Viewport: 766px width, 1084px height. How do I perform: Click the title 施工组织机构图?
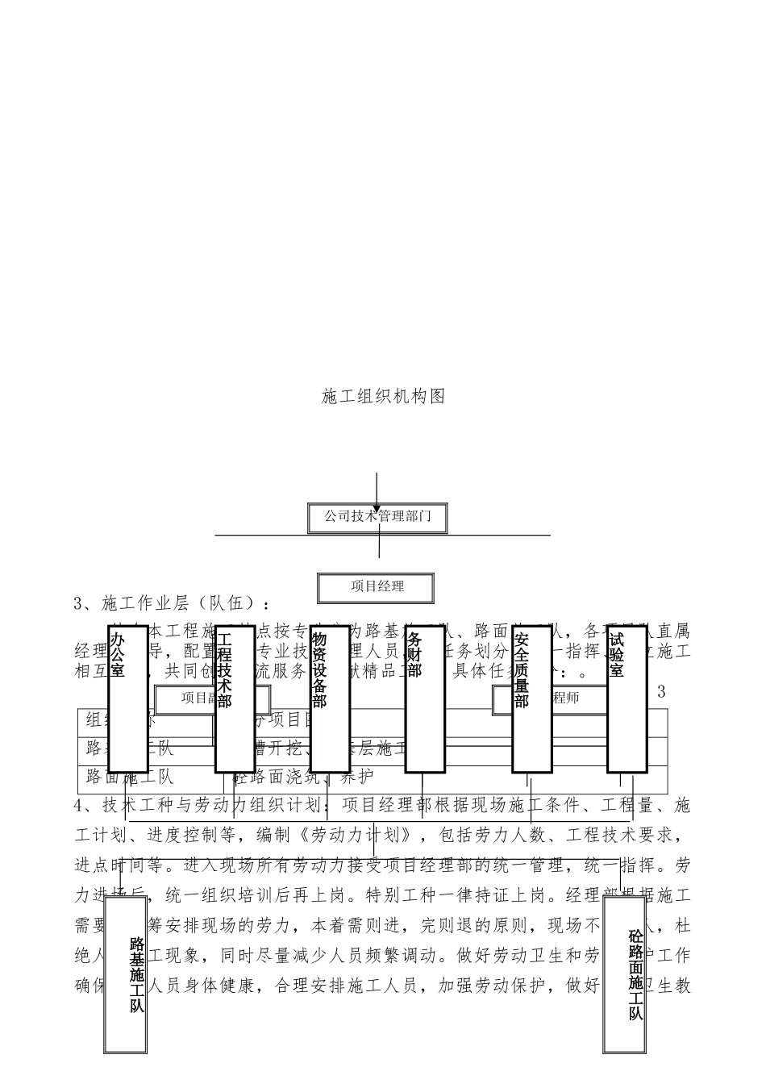point(383,396)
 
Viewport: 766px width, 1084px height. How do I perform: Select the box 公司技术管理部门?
point(377,516)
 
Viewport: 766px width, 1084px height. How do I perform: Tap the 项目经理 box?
point(377,587)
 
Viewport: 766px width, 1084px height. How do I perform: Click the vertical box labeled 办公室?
point(127,698)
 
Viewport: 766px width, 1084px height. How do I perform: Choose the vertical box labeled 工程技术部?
point(235,698)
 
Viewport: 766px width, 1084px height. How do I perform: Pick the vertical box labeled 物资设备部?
point(329,698)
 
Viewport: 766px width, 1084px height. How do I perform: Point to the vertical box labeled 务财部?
point(424,698)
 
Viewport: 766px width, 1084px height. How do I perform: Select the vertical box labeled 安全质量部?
point(531,698)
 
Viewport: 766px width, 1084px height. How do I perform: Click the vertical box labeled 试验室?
point(627,698)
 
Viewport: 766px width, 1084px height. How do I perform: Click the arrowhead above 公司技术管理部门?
point(377,509)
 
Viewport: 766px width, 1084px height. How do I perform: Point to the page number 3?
point(661,691)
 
